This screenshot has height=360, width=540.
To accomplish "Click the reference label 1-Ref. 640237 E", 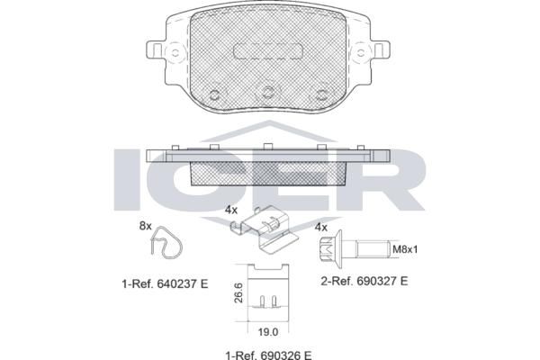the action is (x=165, y=283).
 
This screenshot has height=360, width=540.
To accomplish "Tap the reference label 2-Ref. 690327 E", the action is (x=364, y=281).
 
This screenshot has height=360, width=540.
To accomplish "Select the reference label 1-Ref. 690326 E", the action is (x=268, y=355).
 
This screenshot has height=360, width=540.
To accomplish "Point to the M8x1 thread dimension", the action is (x=405, y=249).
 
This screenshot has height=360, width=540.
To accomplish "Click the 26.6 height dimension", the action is (x=238, y=292).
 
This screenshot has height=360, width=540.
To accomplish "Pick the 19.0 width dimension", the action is (x=268, y=332).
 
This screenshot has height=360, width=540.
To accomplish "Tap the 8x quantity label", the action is (x=145, y=226).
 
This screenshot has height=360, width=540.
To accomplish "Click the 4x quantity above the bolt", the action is (x=321, y=228).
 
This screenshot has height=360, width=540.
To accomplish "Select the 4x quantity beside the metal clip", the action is (x=231, y=210).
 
